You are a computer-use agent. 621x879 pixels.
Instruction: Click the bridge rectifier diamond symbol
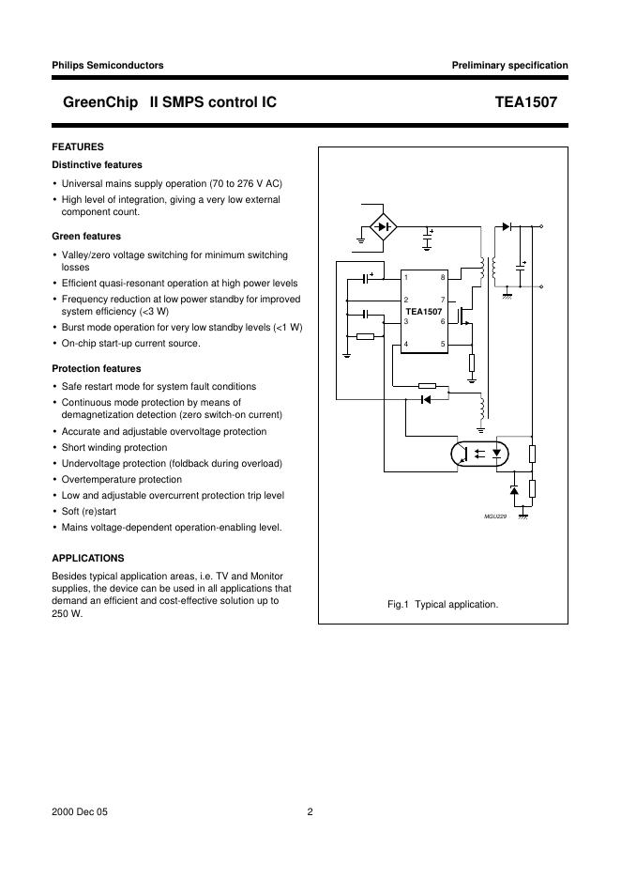click(381, 225)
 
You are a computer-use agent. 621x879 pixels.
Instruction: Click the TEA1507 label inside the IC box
click(423, 311)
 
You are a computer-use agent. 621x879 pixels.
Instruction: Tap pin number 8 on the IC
click(442, 277)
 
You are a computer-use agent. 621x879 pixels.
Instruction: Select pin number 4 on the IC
click(405, 344)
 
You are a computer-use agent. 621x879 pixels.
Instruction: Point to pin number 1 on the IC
click(405, 277)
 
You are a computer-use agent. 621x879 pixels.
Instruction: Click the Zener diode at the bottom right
click(513, 491)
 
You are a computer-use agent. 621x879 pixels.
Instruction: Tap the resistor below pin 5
click(472, 363)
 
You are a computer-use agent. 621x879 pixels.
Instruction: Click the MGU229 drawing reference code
click(495, 517)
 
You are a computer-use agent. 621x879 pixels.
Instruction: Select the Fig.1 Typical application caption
click(443, 605)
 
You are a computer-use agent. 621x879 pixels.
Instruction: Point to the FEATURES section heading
click(78, 146)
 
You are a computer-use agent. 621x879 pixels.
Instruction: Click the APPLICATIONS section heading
click(88, 558)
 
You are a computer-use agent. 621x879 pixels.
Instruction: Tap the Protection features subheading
click(97, 369)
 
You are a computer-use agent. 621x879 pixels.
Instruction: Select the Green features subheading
click(86, 237)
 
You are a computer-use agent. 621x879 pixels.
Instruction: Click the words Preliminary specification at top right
click(509, 66)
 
